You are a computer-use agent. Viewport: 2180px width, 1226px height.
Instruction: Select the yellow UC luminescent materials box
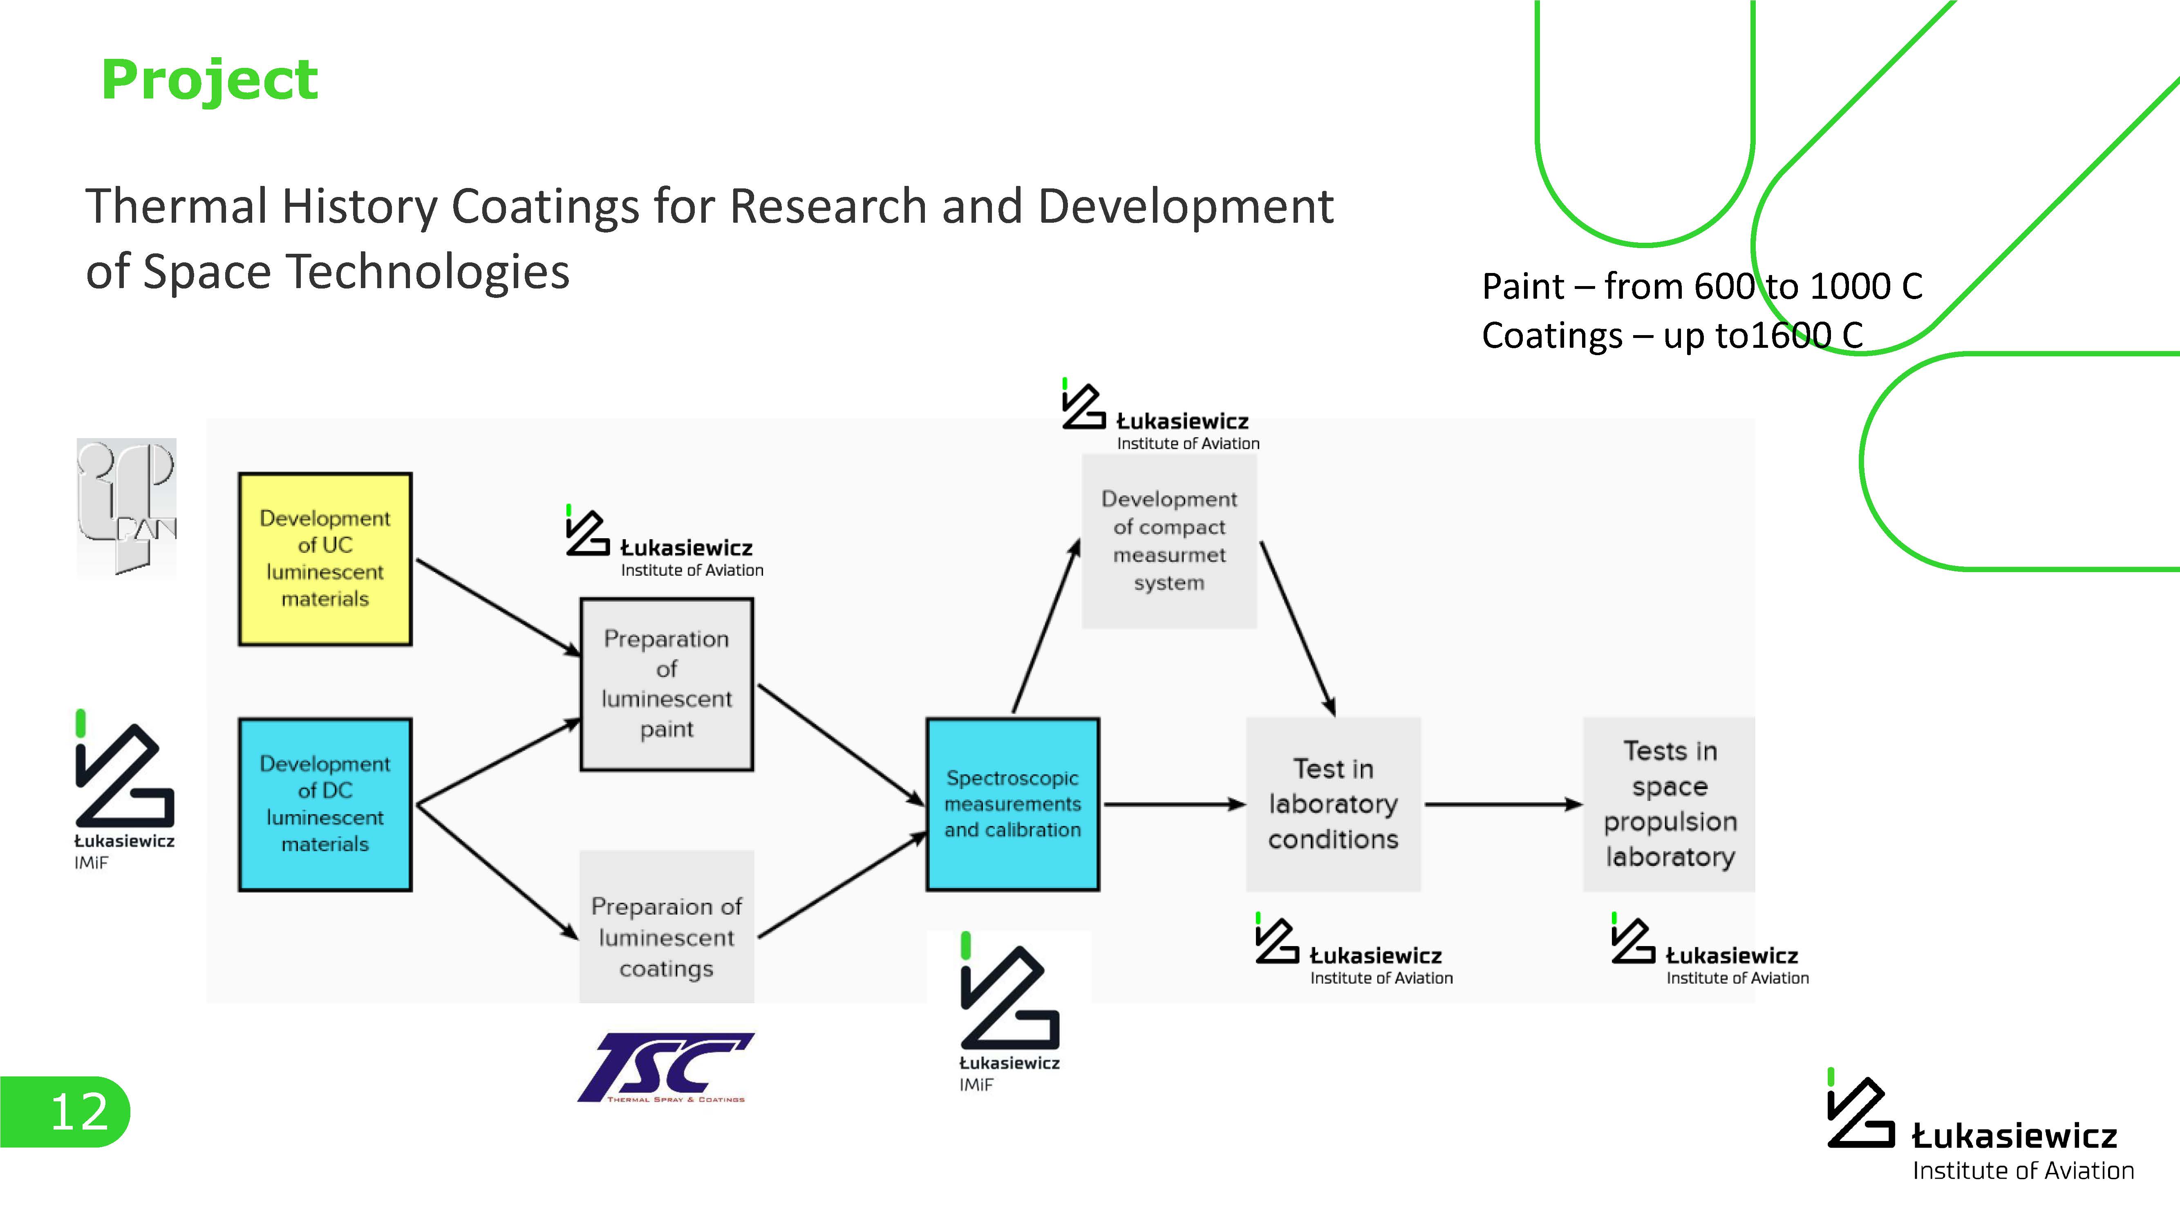(x=325, y=558)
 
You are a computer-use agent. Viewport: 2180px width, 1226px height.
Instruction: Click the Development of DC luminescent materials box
(x=325, y=804)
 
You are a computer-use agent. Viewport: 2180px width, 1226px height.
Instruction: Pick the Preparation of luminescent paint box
(x=666, y=684)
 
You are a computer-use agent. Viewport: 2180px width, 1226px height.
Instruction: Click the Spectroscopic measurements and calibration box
(x=1012, y=804)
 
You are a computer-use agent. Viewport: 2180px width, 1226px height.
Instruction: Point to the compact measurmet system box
(x=1169, y=541)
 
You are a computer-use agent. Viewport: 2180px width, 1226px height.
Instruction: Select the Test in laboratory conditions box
(x=1333, y=804)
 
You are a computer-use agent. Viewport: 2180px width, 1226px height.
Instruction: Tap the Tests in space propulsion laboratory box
(x=1669, y=804)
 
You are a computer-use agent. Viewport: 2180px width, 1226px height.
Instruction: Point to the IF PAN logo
(x=127, y=506)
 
